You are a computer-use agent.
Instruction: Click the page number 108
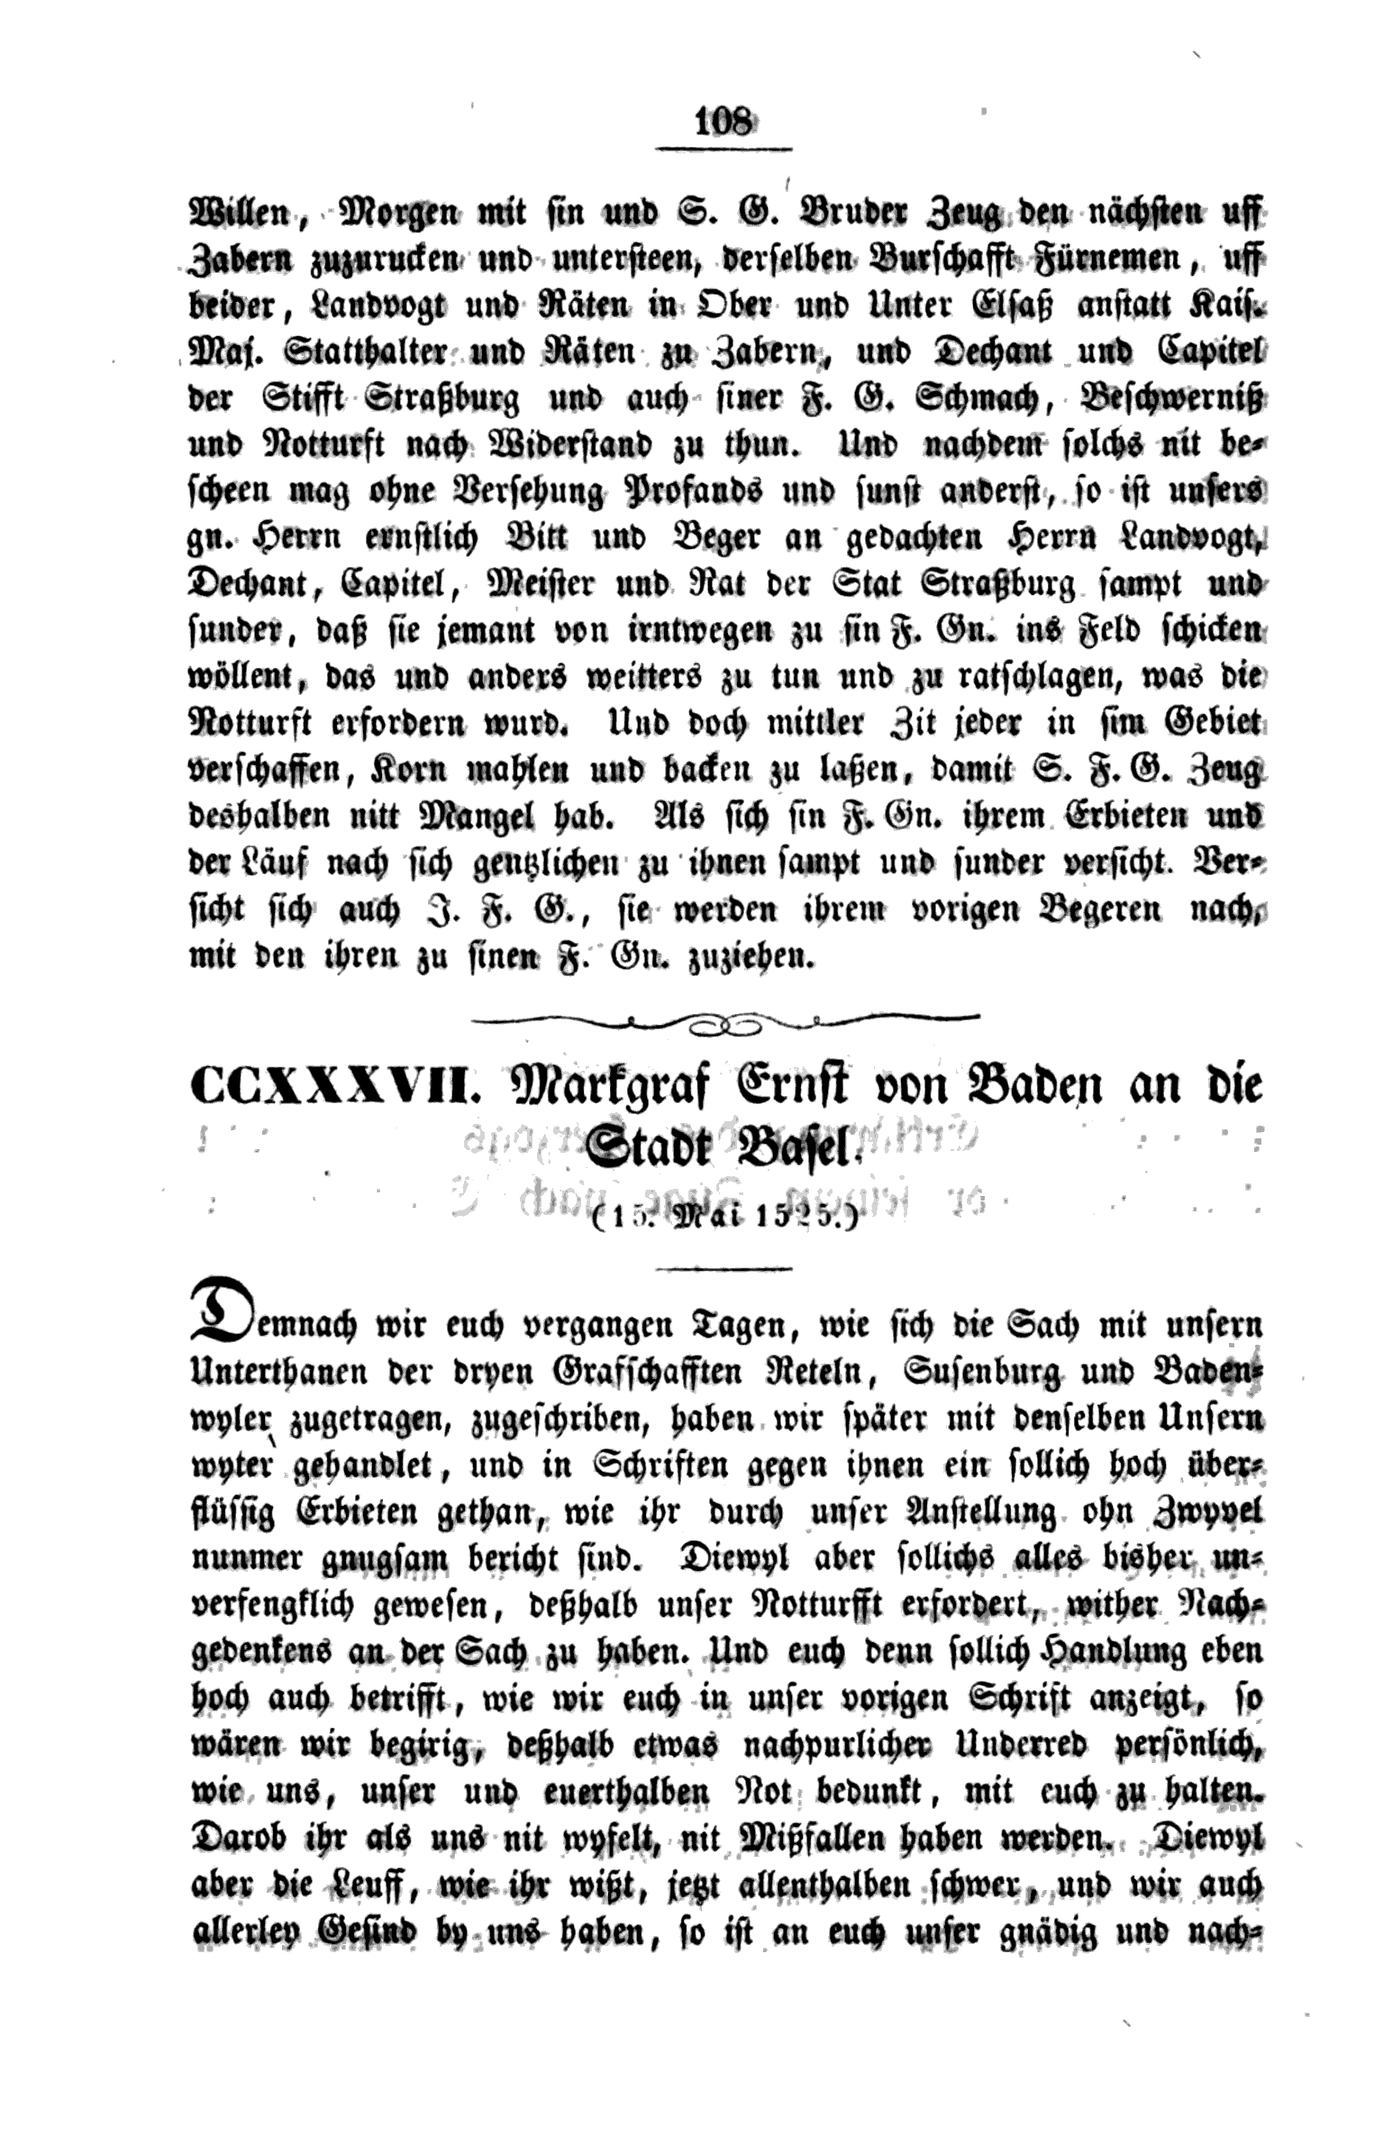pos(723,121)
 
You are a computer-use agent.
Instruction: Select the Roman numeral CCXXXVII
pos(330,1086)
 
